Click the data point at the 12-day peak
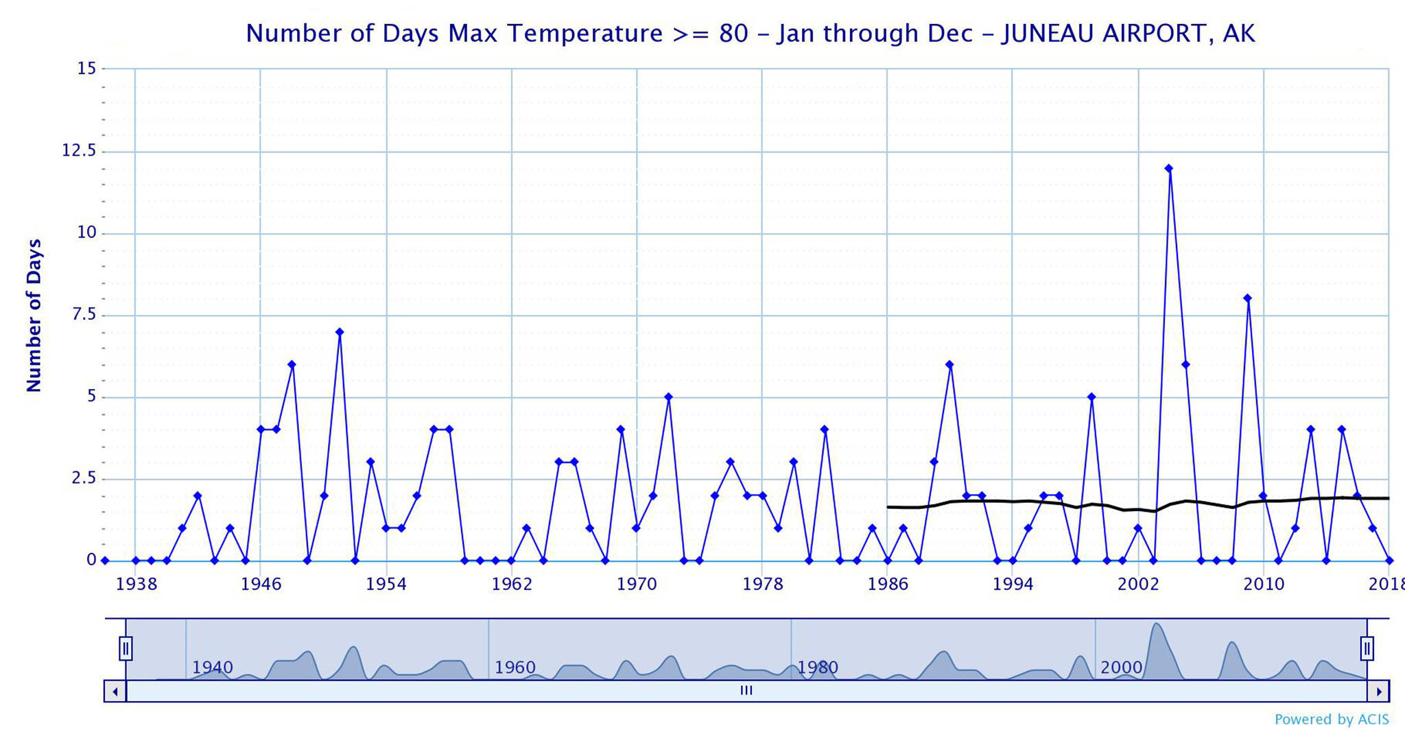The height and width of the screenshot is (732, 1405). click(x=1169, y=168)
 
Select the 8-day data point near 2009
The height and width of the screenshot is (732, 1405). click(x=1247, y=298)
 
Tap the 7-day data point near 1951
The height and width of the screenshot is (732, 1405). click(x=340, y=332)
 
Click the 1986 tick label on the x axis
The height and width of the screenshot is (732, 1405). click(x=888, y=585)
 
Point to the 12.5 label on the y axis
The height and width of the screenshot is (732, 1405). click(x=80, y=151)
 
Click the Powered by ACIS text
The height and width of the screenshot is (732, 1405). click(x=1331, y=720)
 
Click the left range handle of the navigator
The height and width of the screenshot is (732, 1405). click(x=126, y=648)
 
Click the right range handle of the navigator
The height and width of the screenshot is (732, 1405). click(x=1367, y=648)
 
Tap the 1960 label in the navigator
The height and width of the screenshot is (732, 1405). click(x=515, y=668)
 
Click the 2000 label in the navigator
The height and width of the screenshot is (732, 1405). click(x=1121, y=668)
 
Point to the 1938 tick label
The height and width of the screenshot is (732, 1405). click(x=137, y=585)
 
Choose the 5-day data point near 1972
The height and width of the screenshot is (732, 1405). click(x=668, y=397)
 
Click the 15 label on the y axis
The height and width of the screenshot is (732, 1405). click(x=87, y=69)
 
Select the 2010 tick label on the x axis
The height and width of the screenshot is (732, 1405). click(x=1264, y=585)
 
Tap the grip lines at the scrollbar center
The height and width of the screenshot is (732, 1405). click(x=746, y=691)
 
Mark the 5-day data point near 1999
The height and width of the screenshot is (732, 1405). click(x=1091, y=397)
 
